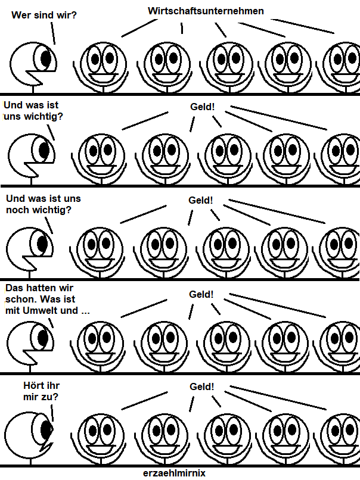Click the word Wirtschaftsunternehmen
pyautogui.click(x=205, y=11)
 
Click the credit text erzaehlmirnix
pyautogui.click(x=179, y=473)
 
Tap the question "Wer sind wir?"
pyautogui.click(x=44, y=14)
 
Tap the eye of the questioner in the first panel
pyautogui.click(x=46, y=58)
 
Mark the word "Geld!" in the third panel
pyautogui.click(x=200, y=200)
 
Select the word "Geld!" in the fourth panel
pyautogui.click(x=201, y=294)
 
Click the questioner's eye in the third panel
pyautogui.click(x=42, y=244)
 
